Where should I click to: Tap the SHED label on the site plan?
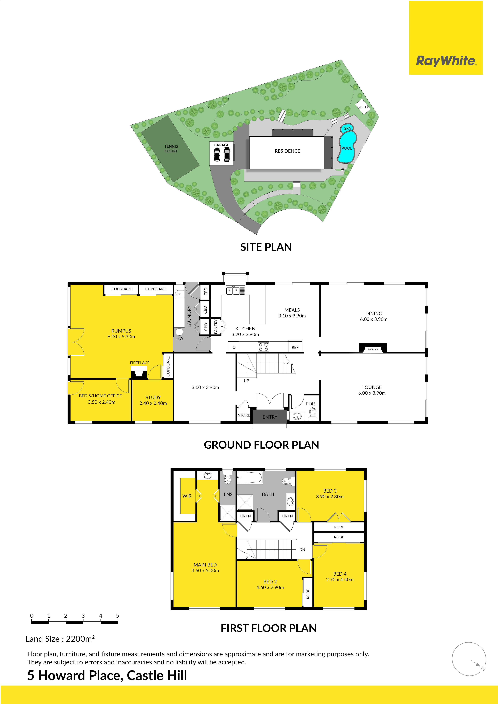362,107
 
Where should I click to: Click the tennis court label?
171,149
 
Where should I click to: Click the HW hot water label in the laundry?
180,338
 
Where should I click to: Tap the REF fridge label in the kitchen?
295,347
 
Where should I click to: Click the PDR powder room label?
310,404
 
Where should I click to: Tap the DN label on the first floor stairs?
302,549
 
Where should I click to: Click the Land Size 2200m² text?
60,639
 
